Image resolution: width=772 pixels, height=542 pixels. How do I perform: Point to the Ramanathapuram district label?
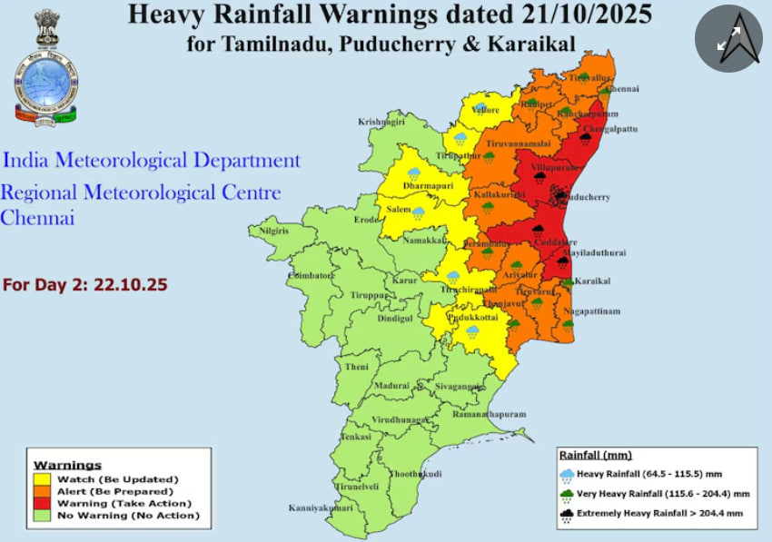click(490, 414)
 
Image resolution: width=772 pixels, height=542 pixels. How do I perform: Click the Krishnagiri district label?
click(381, 122)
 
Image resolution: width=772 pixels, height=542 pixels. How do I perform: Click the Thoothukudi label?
click(415, 474)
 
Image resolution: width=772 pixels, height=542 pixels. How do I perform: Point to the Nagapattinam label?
click(591, 311)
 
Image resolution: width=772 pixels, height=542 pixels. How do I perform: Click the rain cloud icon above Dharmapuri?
click(414, 172)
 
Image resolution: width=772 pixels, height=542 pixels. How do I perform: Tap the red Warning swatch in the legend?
click(42, 503)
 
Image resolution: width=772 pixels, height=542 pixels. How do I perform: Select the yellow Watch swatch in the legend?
click(42, 478)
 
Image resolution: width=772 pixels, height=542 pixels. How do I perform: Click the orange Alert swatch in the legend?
click(42, 490)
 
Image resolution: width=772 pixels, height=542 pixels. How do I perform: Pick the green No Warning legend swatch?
click(42, 515)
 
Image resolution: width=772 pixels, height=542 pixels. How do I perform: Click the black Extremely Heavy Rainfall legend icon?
click(568, 513)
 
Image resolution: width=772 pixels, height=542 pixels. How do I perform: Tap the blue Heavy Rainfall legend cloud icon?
click(568, 474)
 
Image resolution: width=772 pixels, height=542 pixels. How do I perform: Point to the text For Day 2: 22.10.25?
click(85, 284)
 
